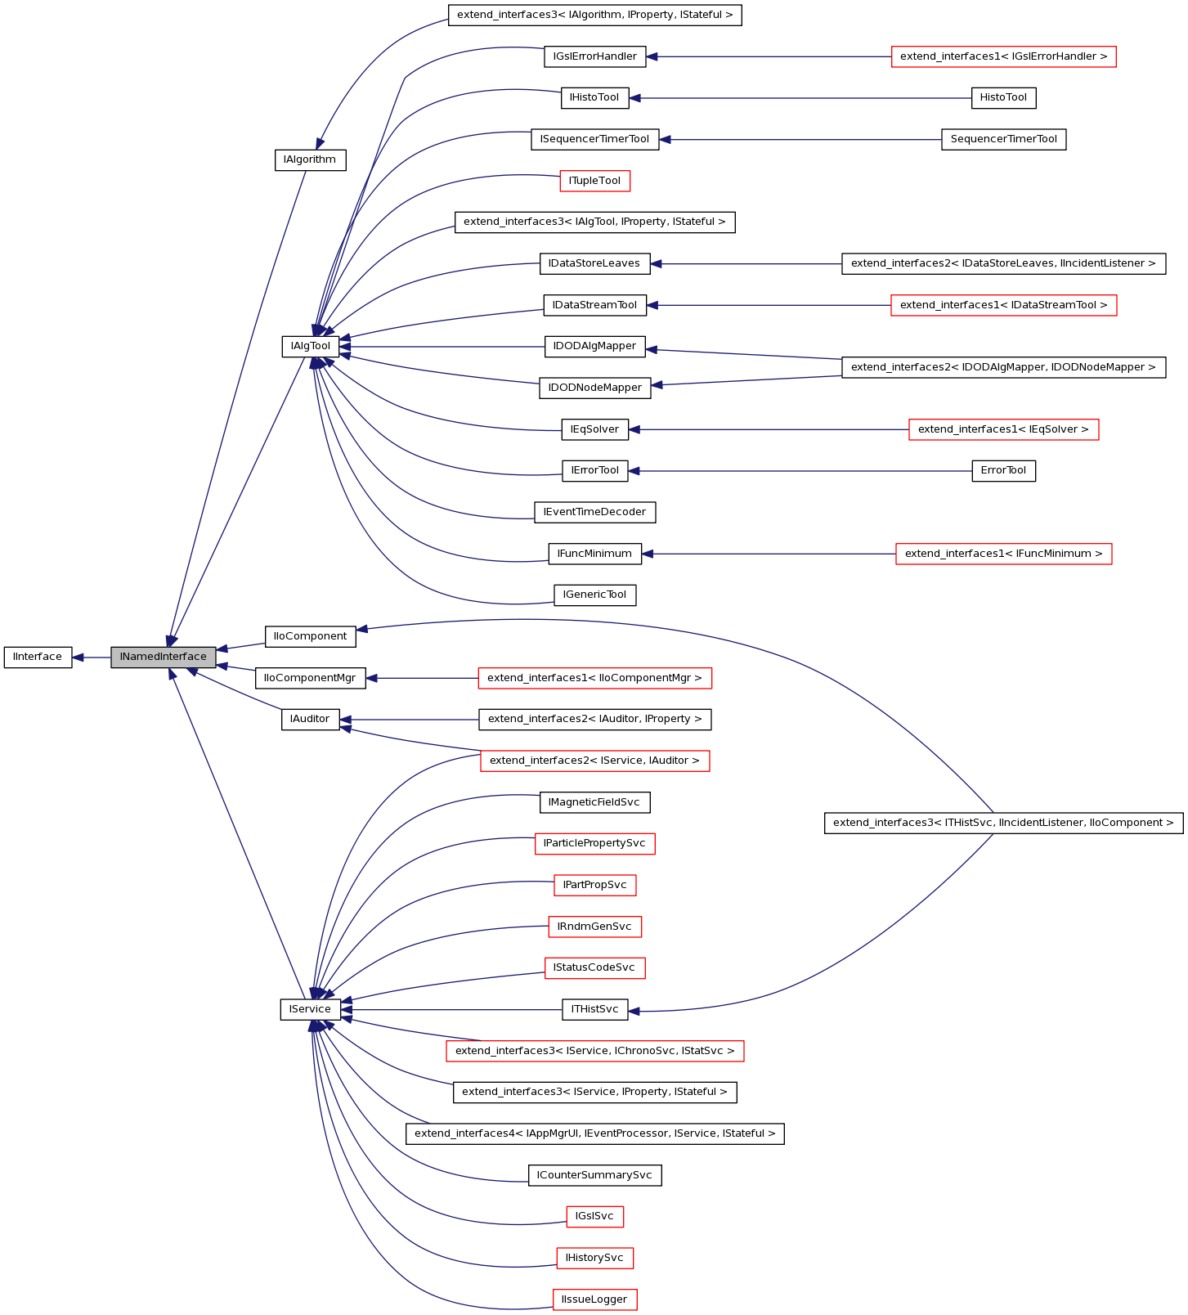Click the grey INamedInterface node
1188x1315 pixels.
click(x=164, y=657)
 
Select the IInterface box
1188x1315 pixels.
click(x=38, y=657)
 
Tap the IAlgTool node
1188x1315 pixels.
click(x=311, y=346)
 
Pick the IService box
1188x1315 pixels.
click(x=310, y=1009)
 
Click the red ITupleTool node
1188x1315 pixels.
click(x=594, y=181)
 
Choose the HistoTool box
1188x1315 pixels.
click(x=1003, y=97)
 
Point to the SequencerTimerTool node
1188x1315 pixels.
click(x=1003, y=139)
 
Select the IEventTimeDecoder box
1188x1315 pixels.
click(x=594, y=512)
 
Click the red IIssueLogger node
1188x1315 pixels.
click(x=594, y=1299)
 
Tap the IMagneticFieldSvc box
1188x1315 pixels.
click(x=594, y=802)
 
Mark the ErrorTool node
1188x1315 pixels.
click(x=1003, y=471)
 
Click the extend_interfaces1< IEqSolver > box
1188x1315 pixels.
click(x=1003, y=429)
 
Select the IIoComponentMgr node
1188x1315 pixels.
click(x=310, y=678)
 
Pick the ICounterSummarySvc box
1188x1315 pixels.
click(x=594, y=1175)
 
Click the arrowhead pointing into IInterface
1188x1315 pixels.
click(x=78, y=657)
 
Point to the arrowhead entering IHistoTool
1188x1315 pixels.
click(x=635, y=98)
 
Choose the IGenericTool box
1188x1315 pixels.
click(x=594, y=595)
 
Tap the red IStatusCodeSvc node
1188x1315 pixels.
click(x=594, y=967)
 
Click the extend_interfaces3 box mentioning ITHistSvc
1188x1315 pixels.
click(x=1003, y=823)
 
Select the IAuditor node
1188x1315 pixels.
click(x=310, y=719)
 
